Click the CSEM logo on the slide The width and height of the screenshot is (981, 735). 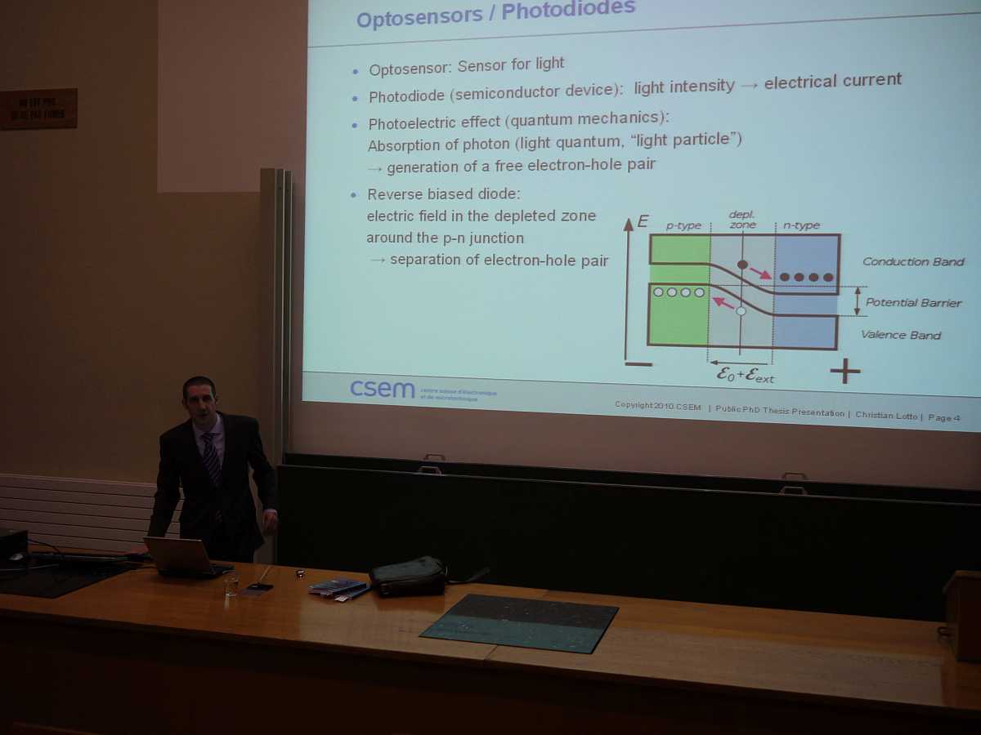[383, 389]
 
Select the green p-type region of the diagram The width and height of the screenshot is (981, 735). [679, 314]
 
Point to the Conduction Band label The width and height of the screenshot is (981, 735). [913, 262]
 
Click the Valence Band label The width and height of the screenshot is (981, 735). [900, 335]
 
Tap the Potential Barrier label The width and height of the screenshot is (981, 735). [913, 302]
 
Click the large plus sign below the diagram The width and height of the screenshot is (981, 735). [844, 372]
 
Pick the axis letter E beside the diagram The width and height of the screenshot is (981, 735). [643, 221]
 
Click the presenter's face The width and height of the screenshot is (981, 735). [201, 401]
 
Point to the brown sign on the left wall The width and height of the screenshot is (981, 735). [38, 109]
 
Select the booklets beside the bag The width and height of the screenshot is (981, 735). [338, 587]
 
